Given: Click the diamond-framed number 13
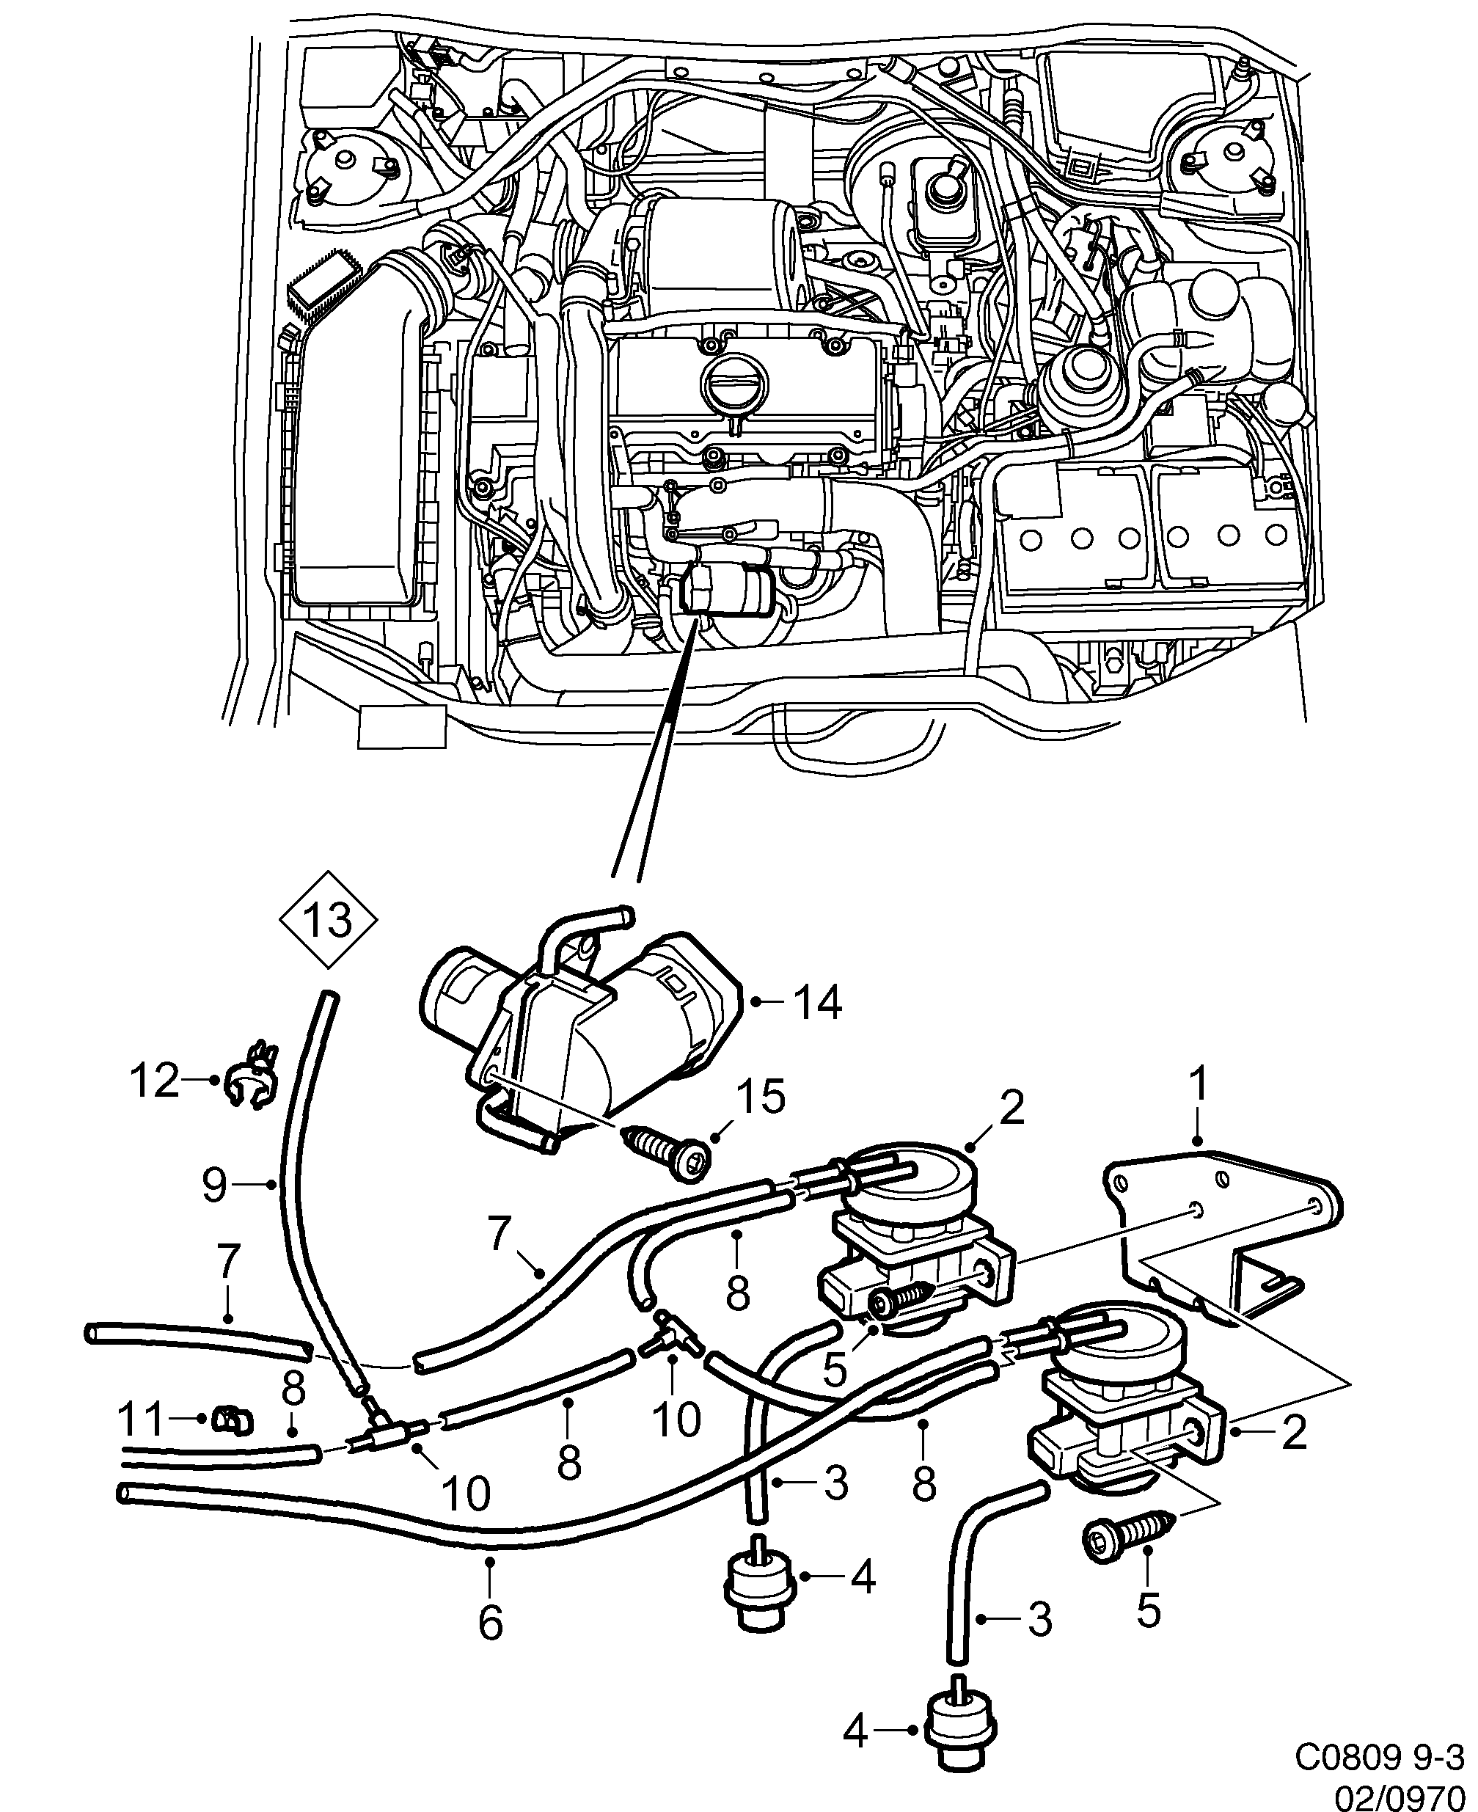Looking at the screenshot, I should pyautogui.click(x=328, y=921).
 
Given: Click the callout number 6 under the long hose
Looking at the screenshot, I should pyautogui.click(x=491, y=1623).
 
